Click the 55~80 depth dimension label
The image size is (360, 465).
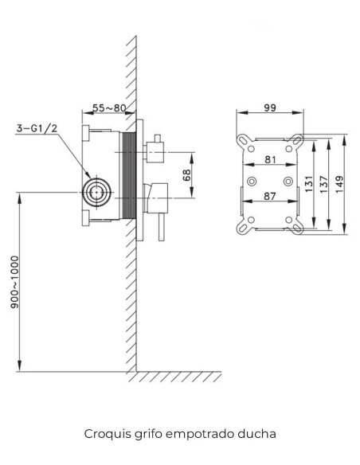(109, 107)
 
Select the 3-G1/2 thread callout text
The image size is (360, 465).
(37, 128)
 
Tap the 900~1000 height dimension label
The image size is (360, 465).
(14, 282)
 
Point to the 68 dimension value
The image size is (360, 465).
(187, 175)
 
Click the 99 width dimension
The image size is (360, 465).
(270, 107)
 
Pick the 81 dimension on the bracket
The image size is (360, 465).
(270, 159)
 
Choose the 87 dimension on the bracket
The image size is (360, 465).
(269, 196)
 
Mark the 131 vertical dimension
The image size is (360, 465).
(309, 184)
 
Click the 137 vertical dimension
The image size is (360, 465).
(324, 184)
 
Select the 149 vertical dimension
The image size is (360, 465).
(339, 184)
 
